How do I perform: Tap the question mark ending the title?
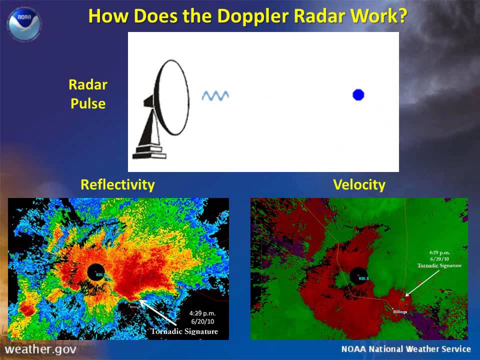[x=401, y=16]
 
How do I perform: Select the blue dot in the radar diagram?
[x=358, y=94]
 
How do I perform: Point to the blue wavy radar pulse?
[x=215, y=95]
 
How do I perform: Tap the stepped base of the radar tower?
[x=149, y=151]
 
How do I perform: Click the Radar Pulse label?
[x=88, y=94]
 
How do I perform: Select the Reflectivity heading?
[x=117, y=185]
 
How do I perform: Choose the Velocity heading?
[x=359, y=185]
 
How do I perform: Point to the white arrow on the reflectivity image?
[x=161, y=313]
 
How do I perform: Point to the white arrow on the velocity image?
[x=414, y=287]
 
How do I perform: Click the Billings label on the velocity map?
[x=400, y=311]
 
